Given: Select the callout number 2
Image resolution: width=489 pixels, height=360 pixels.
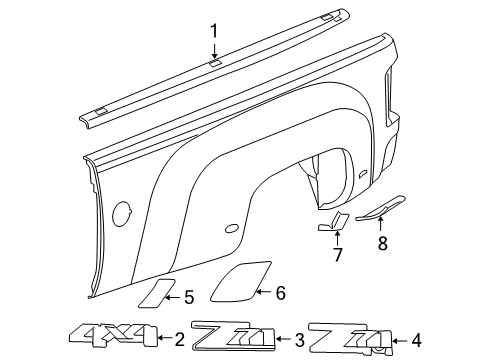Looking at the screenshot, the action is click(x=179, y=339).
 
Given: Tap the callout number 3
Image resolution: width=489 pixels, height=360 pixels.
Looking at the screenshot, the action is click(x=297, y=339).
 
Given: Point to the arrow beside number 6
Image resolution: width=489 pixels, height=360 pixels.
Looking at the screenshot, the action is click(x=263, y=293).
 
